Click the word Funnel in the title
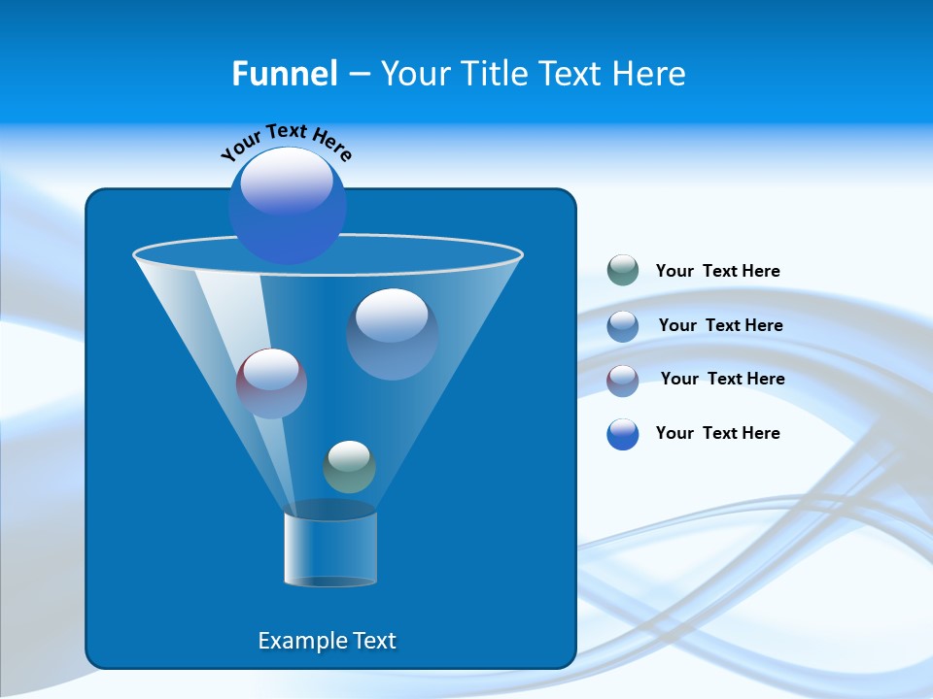coord(284,74)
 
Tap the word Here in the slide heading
coord(648,74)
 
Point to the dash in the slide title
coord(358,75)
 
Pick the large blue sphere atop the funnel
coord(287,205)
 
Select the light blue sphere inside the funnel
coord(392,333)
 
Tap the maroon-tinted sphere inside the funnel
coord(271,383)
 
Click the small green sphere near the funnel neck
coord(349,466)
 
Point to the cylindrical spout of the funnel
coord(329,548)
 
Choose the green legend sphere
coord(623,270)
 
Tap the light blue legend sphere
coord(623,325)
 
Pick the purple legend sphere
coord(623,380)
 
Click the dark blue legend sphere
coord(623,434)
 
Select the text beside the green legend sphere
coord(717,271)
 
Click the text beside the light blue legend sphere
coord(720,325)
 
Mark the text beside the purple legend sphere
coord(722,379)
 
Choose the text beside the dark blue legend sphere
coord(717,433)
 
